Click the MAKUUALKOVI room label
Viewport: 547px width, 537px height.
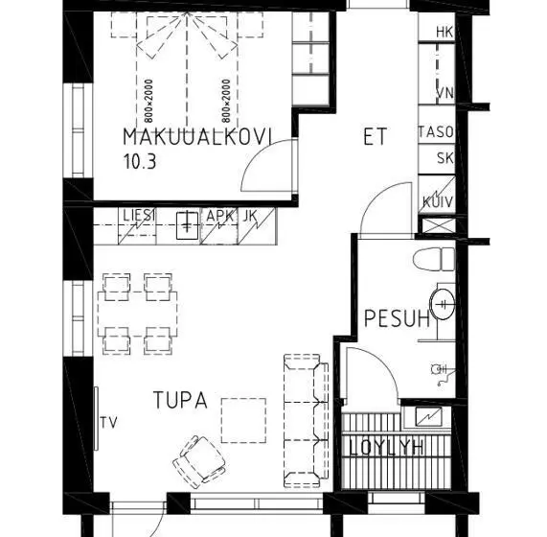click(197, 136)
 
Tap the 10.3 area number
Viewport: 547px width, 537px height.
click(140, 161)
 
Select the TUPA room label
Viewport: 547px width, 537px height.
click(180, 400)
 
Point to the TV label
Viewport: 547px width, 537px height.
click(109, 423)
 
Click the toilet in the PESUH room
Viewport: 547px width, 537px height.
click(434, 259)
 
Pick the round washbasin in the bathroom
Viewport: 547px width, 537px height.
click(443, 305)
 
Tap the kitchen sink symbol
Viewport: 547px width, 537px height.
click(188, 225)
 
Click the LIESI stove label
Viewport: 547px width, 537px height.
click(139, 216)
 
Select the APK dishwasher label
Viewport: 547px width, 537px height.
click(219, 216)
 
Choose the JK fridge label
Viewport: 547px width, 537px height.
click(250, 216)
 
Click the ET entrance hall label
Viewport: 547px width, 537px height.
click(375, 136)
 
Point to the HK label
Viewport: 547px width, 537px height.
click(444, 32)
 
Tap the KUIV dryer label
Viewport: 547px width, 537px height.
click(438, 202)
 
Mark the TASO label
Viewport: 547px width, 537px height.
click(436, 132)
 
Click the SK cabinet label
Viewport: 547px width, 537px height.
click(445, 158)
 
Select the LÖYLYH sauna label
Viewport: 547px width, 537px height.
click(386, 448)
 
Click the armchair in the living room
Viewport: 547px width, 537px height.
click(199, 461)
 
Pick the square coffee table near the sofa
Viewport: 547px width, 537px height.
click(243, 420)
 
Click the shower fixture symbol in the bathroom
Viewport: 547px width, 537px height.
click(443, 374)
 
